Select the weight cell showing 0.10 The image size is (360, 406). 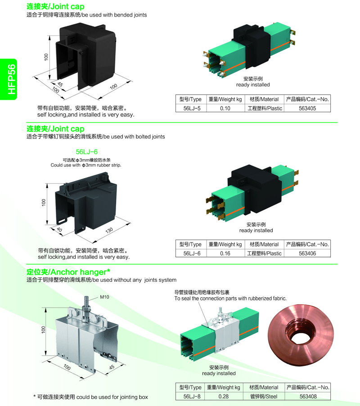tap(225, 108)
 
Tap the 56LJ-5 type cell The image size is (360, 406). tap(190, 108)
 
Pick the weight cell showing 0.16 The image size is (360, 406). tap(225, 254)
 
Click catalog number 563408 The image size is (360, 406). tap(308, 397)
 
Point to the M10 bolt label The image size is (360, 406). tap(104, 297)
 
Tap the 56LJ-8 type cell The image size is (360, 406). tap(190, 397)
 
